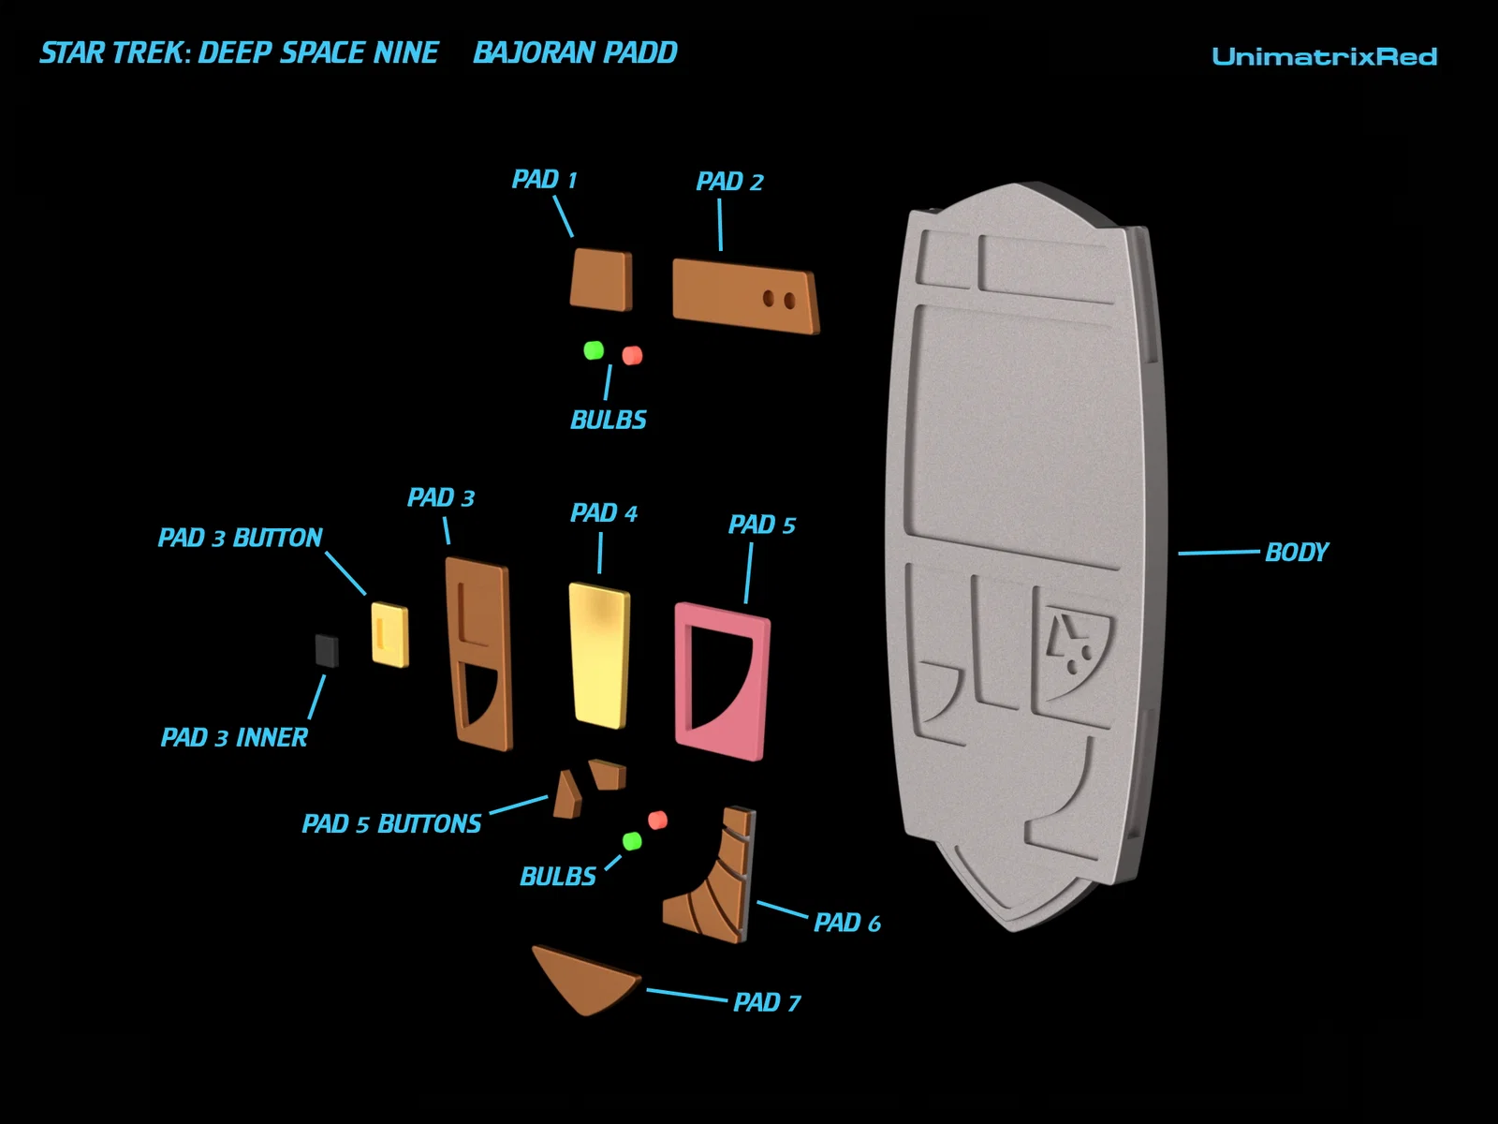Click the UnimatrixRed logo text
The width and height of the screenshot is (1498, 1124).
point(1324,56)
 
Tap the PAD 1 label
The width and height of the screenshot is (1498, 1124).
point(544,179)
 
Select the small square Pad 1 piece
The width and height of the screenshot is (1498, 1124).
point(601,279)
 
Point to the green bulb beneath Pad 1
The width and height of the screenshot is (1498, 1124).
point(594,350)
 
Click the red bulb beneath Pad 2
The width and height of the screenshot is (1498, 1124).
point(633,355)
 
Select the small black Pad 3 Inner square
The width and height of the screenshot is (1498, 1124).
point(327,650)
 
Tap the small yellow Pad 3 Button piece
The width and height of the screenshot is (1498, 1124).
point(389,634)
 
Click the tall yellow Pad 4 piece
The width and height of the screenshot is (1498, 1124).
point(599,654)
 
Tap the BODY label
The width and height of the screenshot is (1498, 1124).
point(1296,553)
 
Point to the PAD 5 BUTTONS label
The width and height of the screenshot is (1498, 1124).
point(391,824)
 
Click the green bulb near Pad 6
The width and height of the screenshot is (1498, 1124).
point(632,841)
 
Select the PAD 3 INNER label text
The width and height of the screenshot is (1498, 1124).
point(234,738)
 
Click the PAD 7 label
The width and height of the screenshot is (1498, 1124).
point(767,1002)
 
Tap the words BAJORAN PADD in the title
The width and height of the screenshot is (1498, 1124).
point(575,52)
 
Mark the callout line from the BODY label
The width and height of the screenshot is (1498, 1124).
point(1217,553)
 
